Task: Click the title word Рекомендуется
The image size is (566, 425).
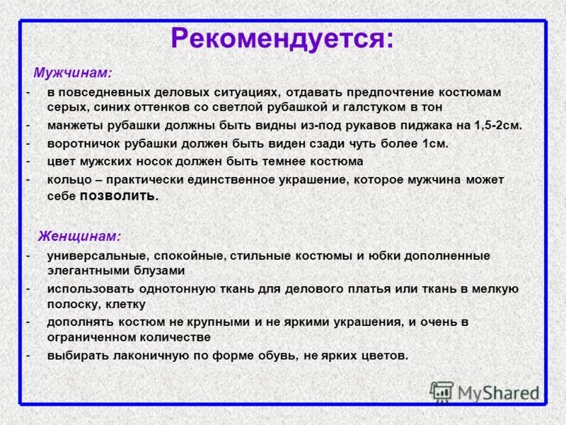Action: (x=281, y=39)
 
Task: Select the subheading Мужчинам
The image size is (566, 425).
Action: (x=72, y=73)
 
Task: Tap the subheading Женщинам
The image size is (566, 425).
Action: (x=79, y=235)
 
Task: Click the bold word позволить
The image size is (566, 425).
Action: (x=119, y=197)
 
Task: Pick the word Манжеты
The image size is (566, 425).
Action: (x=75, y=125)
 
